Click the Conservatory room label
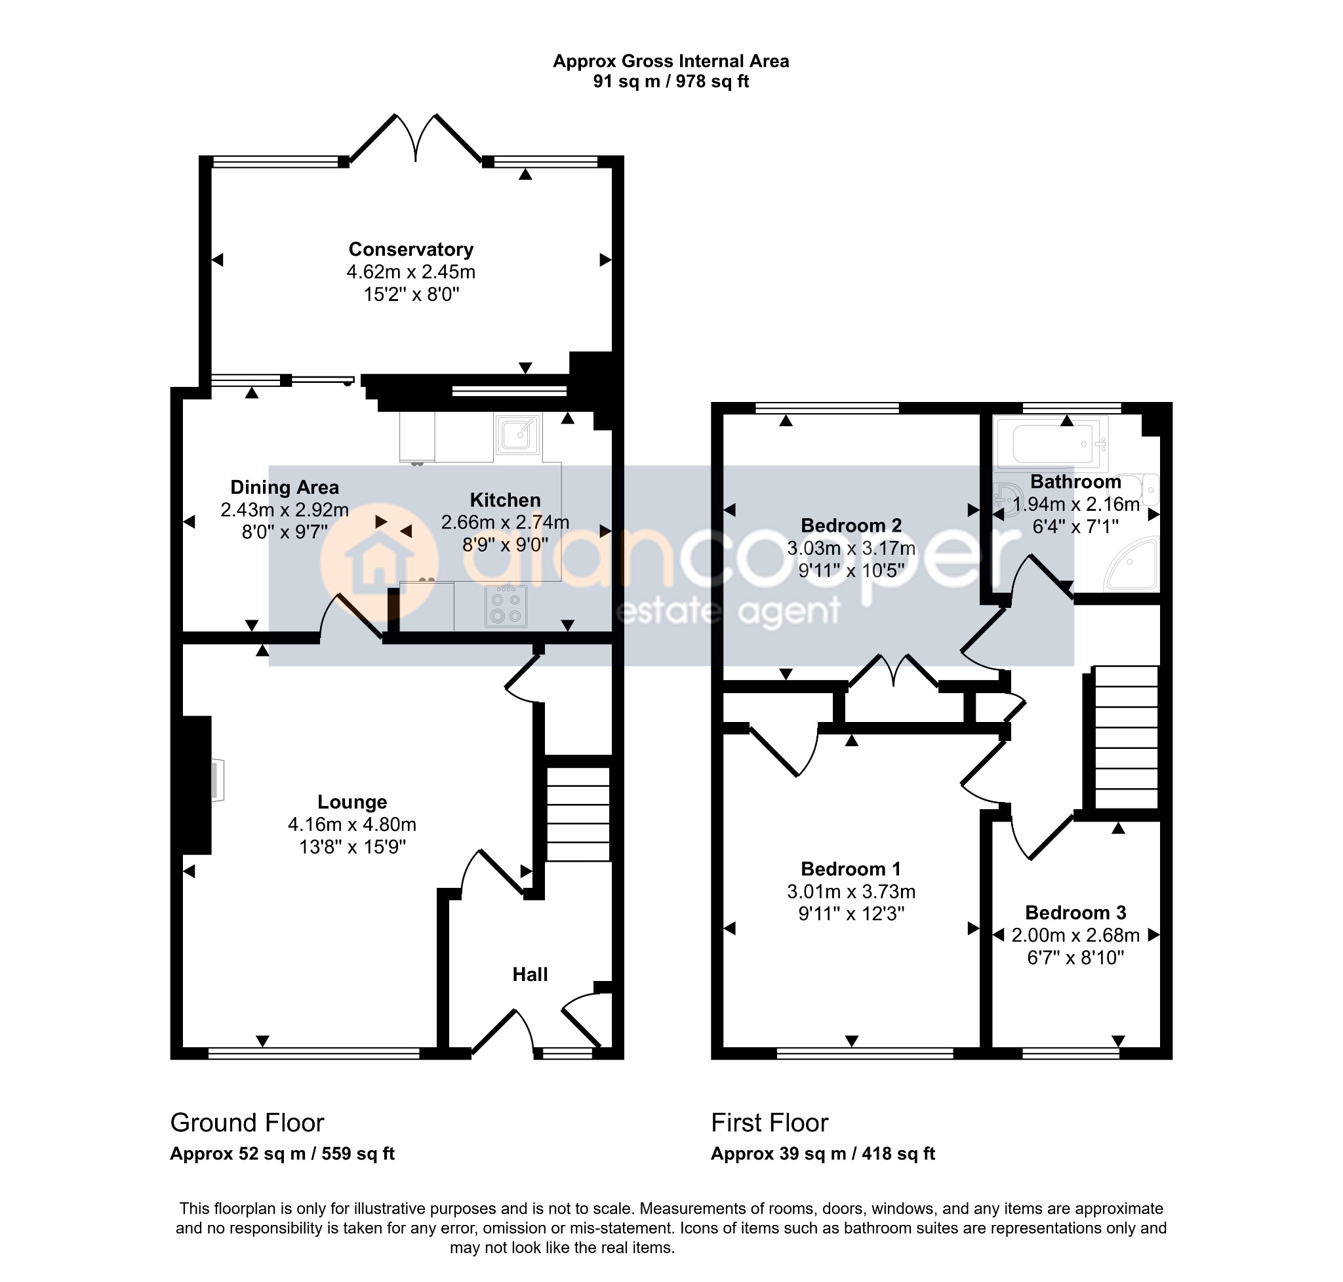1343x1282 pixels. coord(411,249)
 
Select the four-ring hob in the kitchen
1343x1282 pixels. coord(506,606)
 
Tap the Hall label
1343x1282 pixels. coord(531,974)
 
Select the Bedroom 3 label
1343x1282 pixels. coord(1075,912)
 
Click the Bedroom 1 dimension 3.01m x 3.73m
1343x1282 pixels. coord(851,891)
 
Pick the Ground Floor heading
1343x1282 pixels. coord(247,1123)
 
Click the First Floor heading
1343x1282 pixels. coord(770,1123)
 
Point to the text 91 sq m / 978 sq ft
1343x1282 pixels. coord(670,81)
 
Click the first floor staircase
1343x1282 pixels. coord(1126,737)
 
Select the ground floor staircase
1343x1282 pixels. coord(578,813)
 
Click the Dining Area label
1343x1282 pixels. coord(285,487)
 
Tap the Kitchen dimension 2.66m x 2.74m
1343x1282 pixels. coord(505,522)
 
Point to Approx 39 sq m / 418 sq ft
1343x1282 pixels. coord(823,1153)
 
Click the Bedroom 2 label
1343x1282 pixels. coord(851,525)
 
